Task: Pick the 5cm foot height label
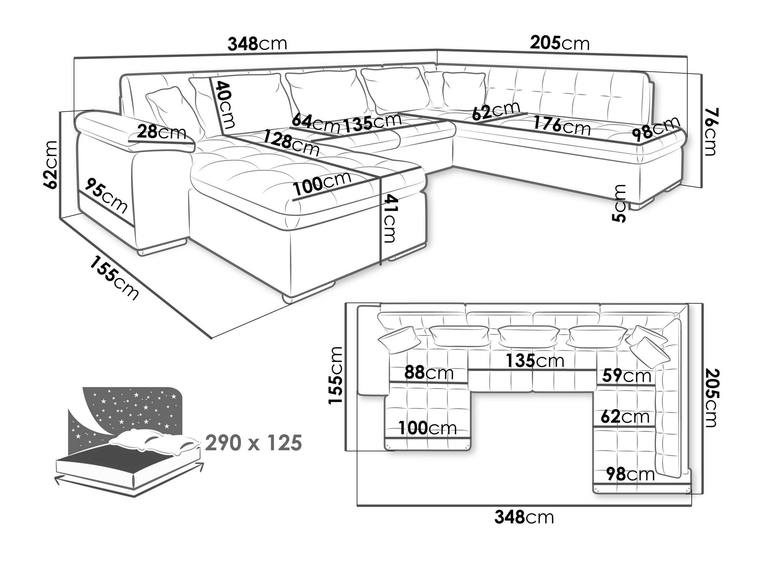pos(619,203)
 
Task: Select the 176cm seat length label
pos(561,126)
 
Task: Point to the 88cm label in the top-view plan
pos(429,373)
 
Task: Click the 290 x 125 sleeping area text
pos(253,443)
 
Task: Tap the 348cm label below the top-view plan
pos(524,517)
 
